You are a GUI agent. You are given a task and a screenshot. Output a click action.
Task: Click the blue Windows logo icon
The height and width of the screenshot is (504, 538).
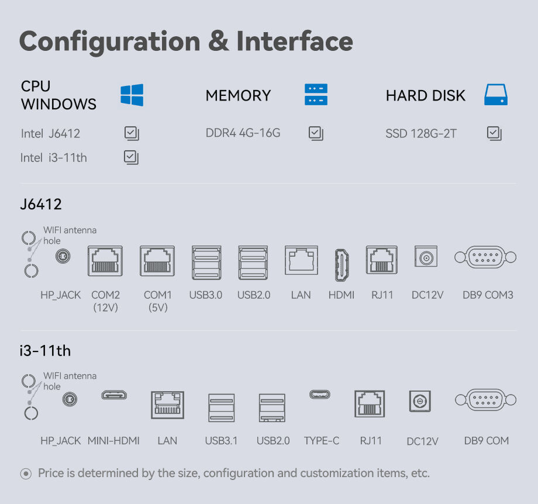coord(132,95)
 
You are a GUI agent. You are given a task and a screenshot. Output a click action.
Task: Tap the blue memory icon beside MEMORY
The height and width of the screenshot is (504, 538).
coord(316,95)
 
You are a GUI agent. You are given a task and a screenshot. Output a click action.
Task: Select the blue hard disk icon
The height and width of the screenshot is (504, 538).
coord(496,95)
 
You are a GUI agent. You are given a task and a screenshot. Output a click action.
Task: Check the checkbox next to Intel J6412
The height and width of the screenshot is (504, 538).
coord(132,133)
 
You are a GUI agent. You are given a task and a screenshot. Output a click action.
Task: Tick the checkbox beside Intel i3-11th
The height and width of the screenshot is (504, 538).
coord(132,157)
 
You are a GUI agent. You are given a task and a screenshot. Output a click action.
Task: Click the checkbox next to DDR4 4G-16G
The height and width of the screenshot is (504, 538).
coord(316,133)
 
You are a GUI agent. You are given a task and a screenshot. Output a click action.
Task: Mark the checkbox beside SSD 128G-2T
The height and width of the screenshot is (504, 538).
coord(494,133)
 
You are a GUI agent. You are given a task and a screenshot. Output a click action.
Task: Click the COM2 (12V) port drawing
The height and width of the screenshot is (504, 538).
coord(105,261)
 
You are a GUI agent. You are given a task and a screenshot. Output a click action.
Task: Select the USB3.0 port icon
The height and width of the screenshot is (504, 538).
coord(206,263)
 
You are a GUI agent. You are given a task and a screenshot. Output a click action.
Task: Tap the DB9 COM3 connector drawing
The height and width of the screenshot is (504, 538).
coord(485,257)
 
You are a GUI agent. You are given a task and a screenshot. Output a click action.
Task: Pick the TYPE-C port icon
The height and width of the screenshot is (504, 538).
coord(320,395)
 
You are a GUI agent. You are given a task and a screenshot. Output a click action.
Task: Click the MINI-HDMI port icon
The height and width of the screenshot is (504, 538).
coord(113,395)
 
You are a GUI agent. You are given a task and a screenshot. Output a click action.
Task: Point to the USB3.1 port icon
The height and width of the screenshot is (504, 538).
coord(222,408)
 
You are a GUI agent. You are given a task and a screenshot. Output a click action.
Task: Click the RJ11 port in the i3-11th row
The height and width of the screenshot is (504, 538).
coord(370,404)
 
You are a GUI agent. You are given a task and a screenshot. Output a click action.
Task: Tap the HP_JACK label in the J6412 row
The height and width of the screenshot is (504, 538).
coord(61,295)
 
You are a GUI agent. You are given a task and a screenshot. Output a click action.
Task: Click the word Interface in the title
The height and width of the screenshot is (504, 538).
coord(294,41)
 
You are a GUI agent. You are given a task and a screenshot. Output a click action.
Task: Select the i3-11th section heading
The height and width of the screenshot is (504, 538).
coord(45,351)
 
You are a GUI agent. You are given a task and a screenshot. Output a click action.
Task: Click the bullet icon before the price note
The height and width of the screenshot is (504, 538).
coord(26,474)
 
